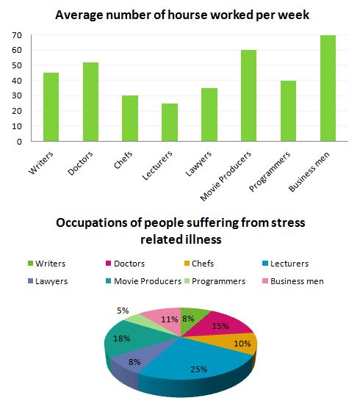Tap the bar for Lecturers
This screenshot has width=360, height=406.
coord(170,122)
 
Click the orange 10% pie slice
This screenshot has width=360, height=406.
coord(240,344)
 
